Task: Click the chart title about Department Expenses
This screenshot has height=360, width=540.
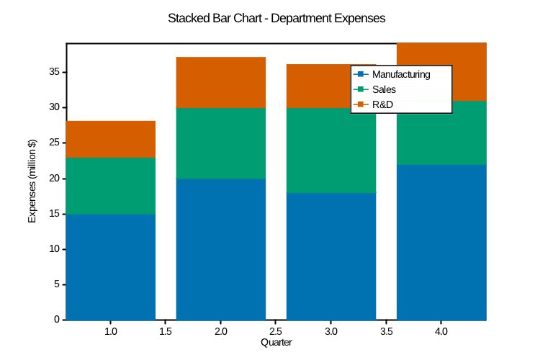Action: [x=276, y=18]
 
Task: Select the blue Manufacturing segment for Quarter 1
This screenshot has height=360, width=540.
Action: [x=111, y=267]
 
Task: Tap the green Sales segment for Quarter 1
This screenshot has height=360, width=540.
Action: [x=111, y=186]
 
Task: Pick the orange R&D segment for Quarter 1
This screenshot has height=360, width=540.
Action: [x=111, y=139]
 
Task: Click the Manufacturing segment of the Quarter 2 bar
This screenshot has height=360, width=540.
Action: [x=221, y=249]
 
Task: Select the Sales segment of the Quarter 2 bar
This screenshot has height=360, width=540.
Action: [x=221, y=143]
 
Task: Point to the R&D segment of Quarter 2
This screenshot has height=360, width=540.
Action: [x=221, y=82]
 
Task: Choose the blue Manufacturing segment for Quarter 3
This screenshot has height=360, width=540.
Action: [x=331, y=256]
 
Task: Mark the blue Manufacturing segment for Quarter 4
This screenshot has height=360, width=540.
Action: [x=441, y=242]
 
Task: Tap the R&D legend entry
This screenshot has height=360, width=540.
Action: [x=382, y=105]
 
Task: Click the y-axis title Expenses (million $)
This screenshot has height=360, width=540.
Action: [x=32, y=181]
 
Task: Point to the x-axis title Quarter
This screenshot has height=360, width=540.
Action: [x=276, y=343]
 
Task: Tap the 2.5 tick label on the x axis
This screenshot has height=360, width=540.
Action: [x=276, y=332]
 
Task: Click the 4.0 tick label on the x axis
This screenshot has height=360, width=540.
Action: [x=441, y=332]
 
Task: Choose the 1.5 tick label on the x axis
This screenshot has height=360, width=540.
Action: [x=166, y=332]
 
